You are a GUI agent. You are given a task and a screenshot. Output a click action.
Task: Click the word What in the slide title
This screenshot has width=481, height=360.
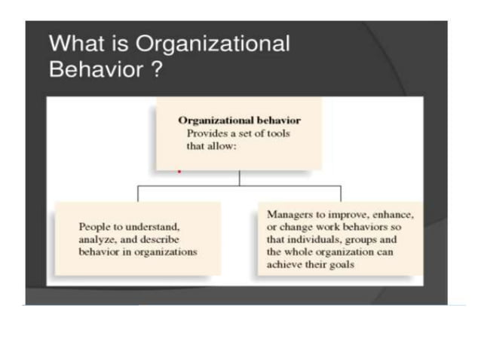(x=74, y=44)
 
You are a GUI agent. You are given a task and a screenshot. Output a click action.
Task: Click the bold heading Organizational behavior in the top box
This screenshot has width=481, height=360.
(x=239, y=120)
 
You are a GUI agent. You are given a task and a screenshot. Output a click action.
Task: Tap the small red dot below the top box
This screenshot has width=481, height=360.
(x=179, y=172)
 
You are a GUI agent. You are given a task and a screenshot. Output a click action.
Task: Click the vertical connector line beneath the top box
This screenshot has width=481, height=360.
(x=239, y=178)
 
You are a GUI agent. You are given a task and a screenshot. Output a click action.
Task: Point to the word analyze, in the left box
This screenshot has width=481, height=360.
(x=98, y=239)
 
